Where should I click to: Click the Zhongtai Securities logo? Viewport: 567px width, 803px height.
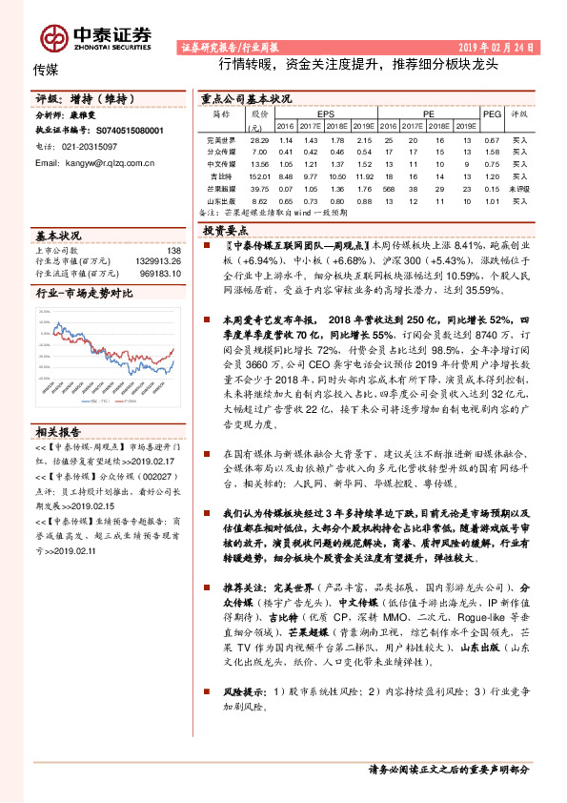pos(94,35)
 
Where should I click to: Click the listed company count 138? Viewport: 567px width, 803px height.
pos(173,250)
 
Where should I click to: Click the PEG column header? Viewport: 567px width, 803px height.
pos(492,113)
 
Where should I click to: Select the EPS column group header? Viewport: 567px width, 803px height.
pos(326,113)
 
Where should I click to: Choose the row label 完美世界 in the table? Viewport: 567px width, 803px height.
pos(221,139)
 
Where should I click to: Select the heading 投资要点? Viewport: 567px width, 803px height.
pos(226,232)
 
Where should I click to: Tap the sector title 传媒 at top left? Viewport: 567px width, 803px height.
pos(46,70)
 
